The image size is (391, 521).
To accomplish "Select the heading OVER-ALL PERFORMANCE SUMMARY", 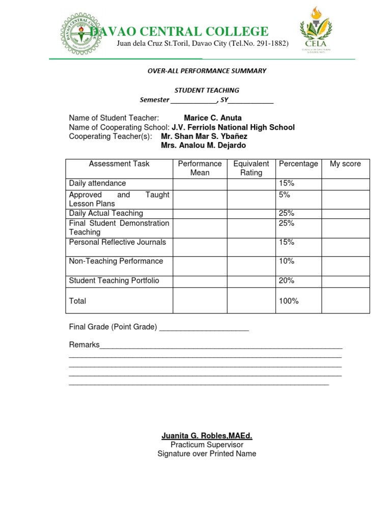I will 207,71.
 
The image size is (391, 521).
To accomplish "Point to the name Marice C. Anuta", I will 213,118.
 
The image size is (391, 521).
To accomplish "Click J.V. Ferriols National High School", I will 233,127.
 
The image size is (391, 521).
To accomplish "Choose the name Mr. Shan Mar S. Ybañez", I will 204,136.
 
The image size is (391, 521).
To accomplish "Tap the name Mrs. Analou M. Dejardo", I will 203,146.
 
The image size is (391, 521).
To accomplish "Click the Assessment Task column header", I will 119,164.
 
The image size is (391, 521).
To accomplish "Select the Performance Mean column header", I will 200,168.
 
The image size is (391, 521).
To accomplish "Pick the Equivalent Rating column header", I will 251,168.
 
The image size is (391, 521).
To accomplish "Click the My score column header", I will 345,164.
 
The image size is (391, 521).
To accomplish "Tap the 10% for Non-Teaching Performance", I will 287,261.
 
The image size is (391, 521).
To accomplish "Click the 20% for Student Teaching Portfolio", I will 287,280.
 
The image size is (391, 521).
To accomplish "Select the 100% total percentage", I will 289,301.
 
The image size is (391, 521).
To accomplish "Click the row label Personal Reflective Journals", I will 118,242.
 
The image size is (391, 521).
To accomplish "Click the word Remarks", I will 84,345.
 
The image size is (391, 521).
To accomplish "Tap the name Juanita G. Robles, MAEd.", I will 207,436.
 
